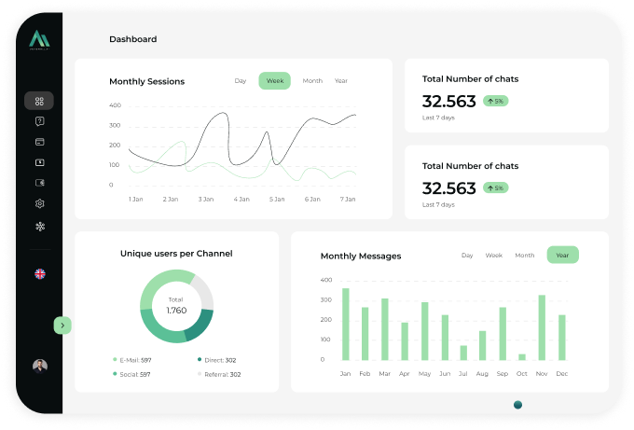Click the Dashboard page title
pyautogui.click(x=132, y=39)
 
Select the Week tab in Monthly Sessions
pyautogui.click(x=274, y=81)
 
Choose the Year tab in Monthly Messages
pyautogui.click(x=562, y=255)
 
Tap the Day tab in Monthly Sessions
pyautogui.click(x=241, y=81)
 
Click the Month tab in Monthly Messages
pyautogui.click(x=525, y=255)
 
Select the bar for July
pyautogui.click(x=463, y=352)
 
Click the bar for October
pyautogui.click(x=522, y=356)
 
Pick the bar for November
pyautogui.click(x=542, y=327)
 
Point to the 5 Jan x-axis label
pyautogui.click(x=277, y=199)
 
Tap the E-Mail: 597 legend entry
pyautogui.click(x=132, y=359)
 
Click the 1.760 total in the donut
pyautogui.click(x=176, y=310)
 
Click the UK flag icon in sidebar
pyautogui.click(x=39, y=273)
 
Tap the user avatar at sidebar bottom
pyautogui.click(x=39, y=366)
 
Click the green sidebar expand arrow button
pyautogui.click(x=62, y=325)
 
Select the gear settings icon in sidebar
pyautogui.click(x=39, y=203)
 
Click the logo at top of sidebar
pyautogui.click(x=39, y=39)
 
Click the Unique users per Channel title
pyautogui.click(x=176, y=253)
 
